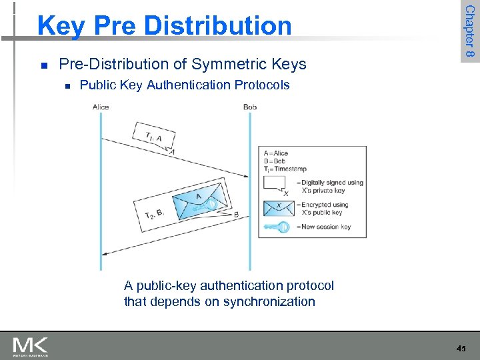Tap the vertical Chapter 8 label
tap(469, 31)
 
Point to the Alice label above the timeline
tap(101, 107)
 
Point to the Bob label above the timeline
tap(250, 107)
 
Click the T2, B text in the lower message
tap(155, 213)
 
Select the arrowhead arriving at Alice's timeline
tap(106, 253)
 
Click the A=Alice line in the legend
tap(275, 153)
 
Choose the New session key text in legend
tap(327, 227)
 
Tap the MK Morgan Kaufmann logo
tap(31, 346)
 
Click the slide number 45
tap(461, 348)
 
